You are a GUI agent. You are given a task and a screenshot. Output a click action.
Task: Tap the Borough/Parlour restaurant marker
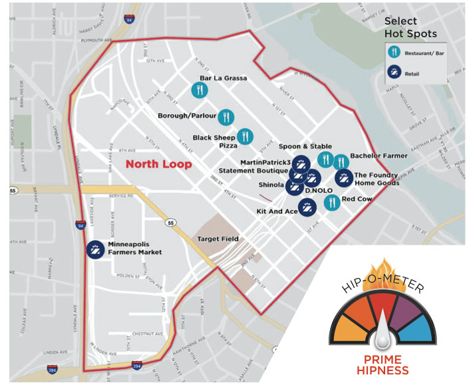pos(226,116)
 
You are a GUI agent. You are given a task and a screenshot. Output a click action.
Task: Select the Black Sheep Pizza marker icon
pos(245,136)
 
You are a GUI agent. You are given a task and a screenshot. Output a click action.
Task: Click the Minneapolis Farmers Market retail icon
pos(95,249)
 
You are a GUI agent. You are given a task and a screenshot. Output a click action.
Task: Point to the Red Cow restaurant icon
pos(331,202)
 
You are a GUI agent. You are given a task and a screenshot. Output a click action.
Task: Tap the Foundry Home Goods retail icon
pos(344,178)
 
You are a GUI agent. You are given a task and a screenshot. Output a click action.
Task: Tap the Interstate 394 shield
pos(137,365)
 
